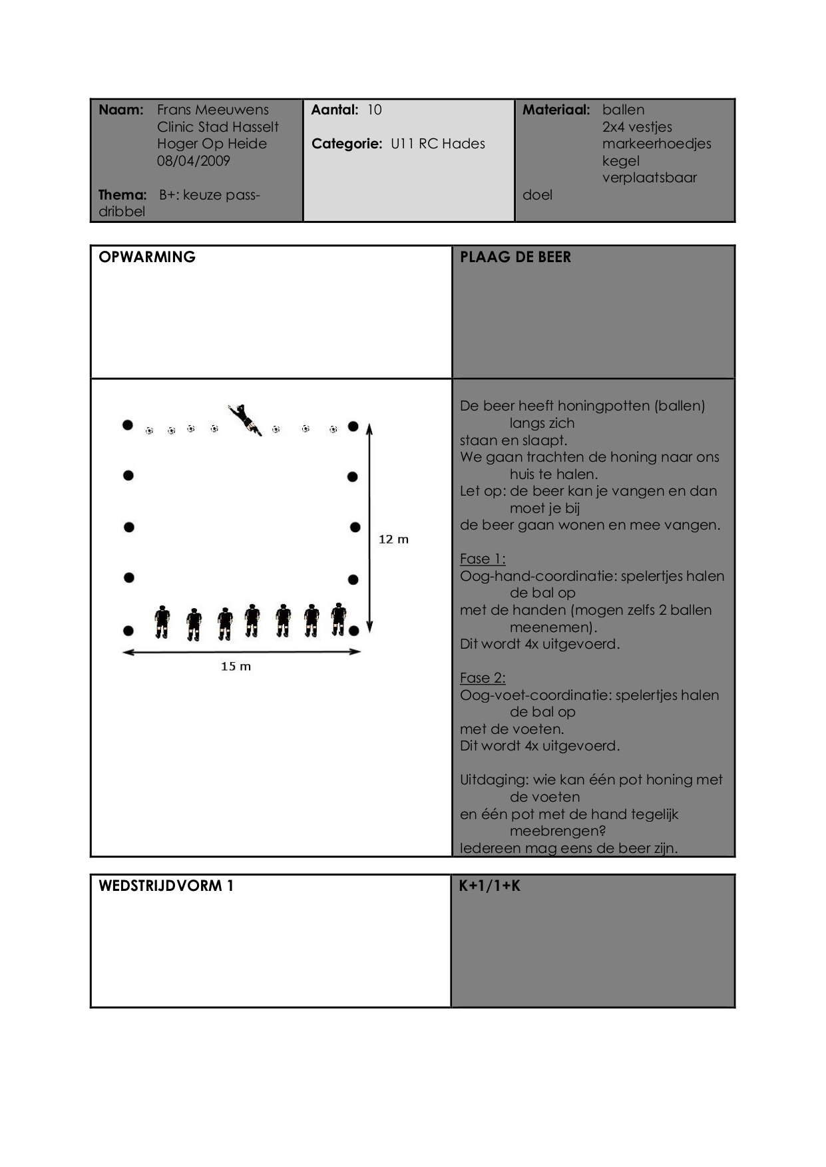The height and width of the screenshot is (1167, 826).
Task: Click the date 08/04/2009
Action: (x=193, y=161)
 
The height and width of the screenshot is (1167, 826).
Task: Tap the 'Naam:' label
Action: (x=121, y=110)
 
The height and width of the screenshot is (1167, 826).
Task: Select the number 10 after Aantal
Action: (x=375, y=110)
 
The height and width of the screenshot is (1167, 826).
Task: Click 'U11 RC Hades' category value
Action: (x=437, y=144)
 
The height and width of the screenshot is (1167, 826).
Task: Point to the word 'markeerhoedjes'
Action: (x=656, y=144)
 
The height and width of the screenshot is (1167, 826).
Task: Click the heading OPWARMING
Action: (x=147, y=257)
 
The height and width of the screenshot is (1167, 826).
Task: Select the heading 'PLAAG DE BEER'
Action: (x=515, y=257)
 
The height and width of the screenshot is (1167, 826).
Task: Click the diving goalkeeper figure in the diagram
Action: (x=245, y=419)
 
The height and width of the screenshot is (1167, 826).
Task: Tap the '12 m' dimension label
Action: (x=393, y=539)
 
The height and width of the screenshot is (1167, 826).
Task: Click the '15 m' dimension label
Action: (x=236, y=666)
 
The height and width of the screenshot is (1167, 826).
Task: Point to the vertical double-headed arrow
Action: (x=369, y=527)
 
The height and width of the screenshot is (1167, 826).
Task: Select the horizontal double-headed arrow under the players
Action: (x=242, y=652)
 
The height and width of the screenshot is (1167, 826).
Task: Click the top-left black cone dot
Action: (x=128, y=424)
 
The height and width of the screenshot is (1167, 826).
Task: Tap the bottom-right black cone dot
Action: (x=354, y=630)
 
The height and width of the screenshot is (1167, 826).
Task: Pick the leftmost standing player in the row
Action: (x=162, y=622)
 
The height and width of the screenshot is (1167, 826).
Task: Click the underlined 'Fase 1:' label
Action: (x=483, y=559)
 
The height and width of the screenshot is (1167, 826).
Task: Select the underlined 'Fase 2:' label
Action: (x=483, y=678)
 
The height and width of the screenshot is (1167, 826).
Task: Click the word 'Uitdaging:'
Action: (x=494, y=780)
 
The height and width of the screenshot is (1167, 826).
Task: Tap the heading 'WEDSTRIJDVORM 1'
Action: (x=166, y=886)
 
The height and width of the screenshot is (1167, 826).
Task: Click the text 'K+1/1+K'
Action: (x=489, y=886)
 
